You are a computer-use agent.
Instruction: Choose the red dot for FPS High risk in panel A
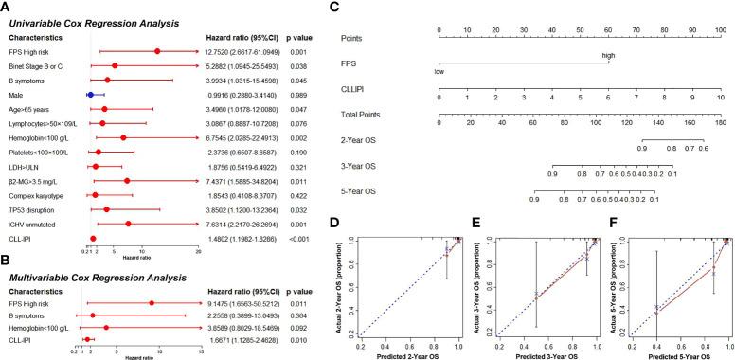tap(157, 52)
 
